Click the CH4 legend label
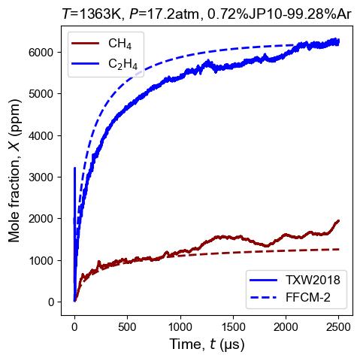[119, 44]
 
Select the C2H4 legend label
[123, 64]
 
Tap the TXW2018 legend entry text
[313, 280]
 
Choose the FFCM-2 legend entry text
[308, 298]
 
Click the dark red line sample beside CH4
[86, 44]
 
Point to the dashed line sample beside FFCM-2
[264, 298]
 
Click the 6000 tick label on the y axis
[41, 52]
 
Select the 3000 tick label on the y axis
[41, 177]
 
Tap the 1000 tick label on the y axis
[41, 261]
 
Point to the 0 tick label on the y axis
[51, 302]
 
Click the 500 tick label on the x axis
[127, 327]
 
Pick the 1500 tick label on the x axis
[233, 327]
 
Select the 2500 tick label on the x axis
[338, 327]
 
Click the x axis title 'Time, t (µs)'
[207, 344]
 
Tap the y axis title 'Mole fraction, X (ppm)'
[14, 171]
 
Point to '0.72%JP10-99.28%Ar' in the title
[279, 14]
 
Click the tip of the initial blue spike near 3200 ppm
[74, 168]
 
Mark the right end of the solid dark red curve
[338, 220]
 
